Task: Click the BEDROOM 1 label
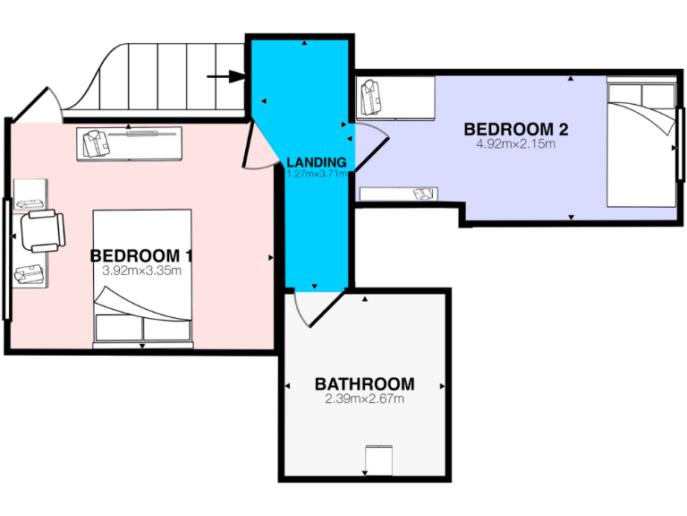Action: click(141, 256)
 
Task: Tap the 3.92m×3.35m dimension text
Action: click(142, 271)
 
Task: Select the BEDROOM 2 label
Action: click(516, 129)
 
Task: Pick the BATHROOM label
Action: click(364, 384)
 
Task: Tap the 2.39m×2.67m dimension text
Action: click(364, 399)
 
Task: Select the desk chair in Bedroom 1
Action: click(42, 231)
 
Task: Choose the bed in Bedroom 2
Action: click(641, 143)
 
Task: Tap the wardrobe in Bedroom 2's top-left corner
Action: click(395, 98)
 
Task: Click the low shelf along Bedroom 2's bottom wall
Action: click(399, 193)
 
